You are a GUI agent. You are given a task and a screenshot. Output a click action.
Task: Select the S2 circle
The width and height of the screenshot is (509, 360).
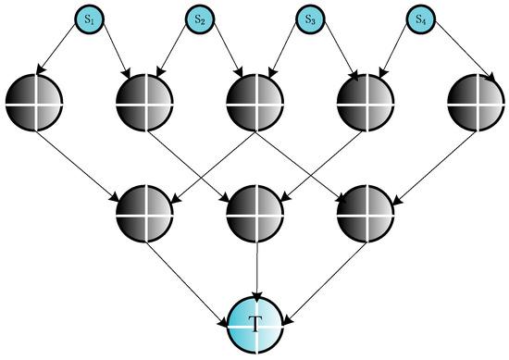tap(199, 18)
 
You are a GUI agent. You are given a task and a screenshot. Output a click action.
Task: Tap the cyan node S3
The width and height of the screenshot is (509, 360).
tap(309, 18)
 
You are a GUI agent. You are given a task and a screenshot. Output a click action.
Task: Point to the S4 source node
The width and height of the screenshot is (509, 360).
tap(418, 18)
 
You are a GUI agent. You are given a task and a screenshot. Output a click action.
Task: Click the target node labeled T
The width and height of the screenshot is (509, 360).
tap(254, 323)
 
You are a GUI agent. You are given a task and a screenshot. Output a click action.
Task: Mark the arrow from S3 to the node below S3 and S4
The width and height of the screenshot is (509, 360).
tap(333, 52)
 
